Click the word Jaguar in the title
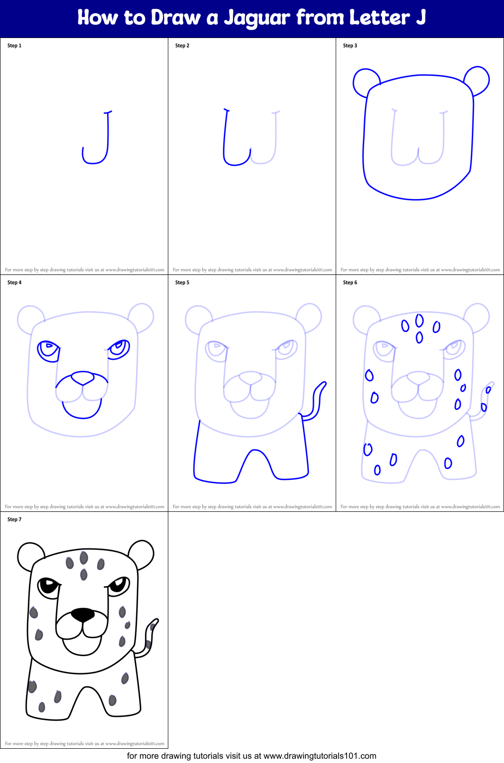[x=257, y=18]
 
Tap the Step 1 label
[x=14, y=46]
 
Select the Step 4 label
[x=14, y=283]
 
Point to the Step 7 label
[x=14, y=519]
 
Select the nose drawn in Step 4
[x=82, y=378]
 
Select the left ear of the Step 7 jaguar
[x=30, y=556]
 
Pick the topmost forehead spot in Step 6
[x=419, y=320]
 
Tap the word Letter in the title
[x=379, y=18]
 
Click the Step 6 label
[x=350, y=283]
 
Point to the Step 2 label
[x=182, y=46]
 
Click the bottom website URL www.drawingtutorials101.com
[x=320, y=756]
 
